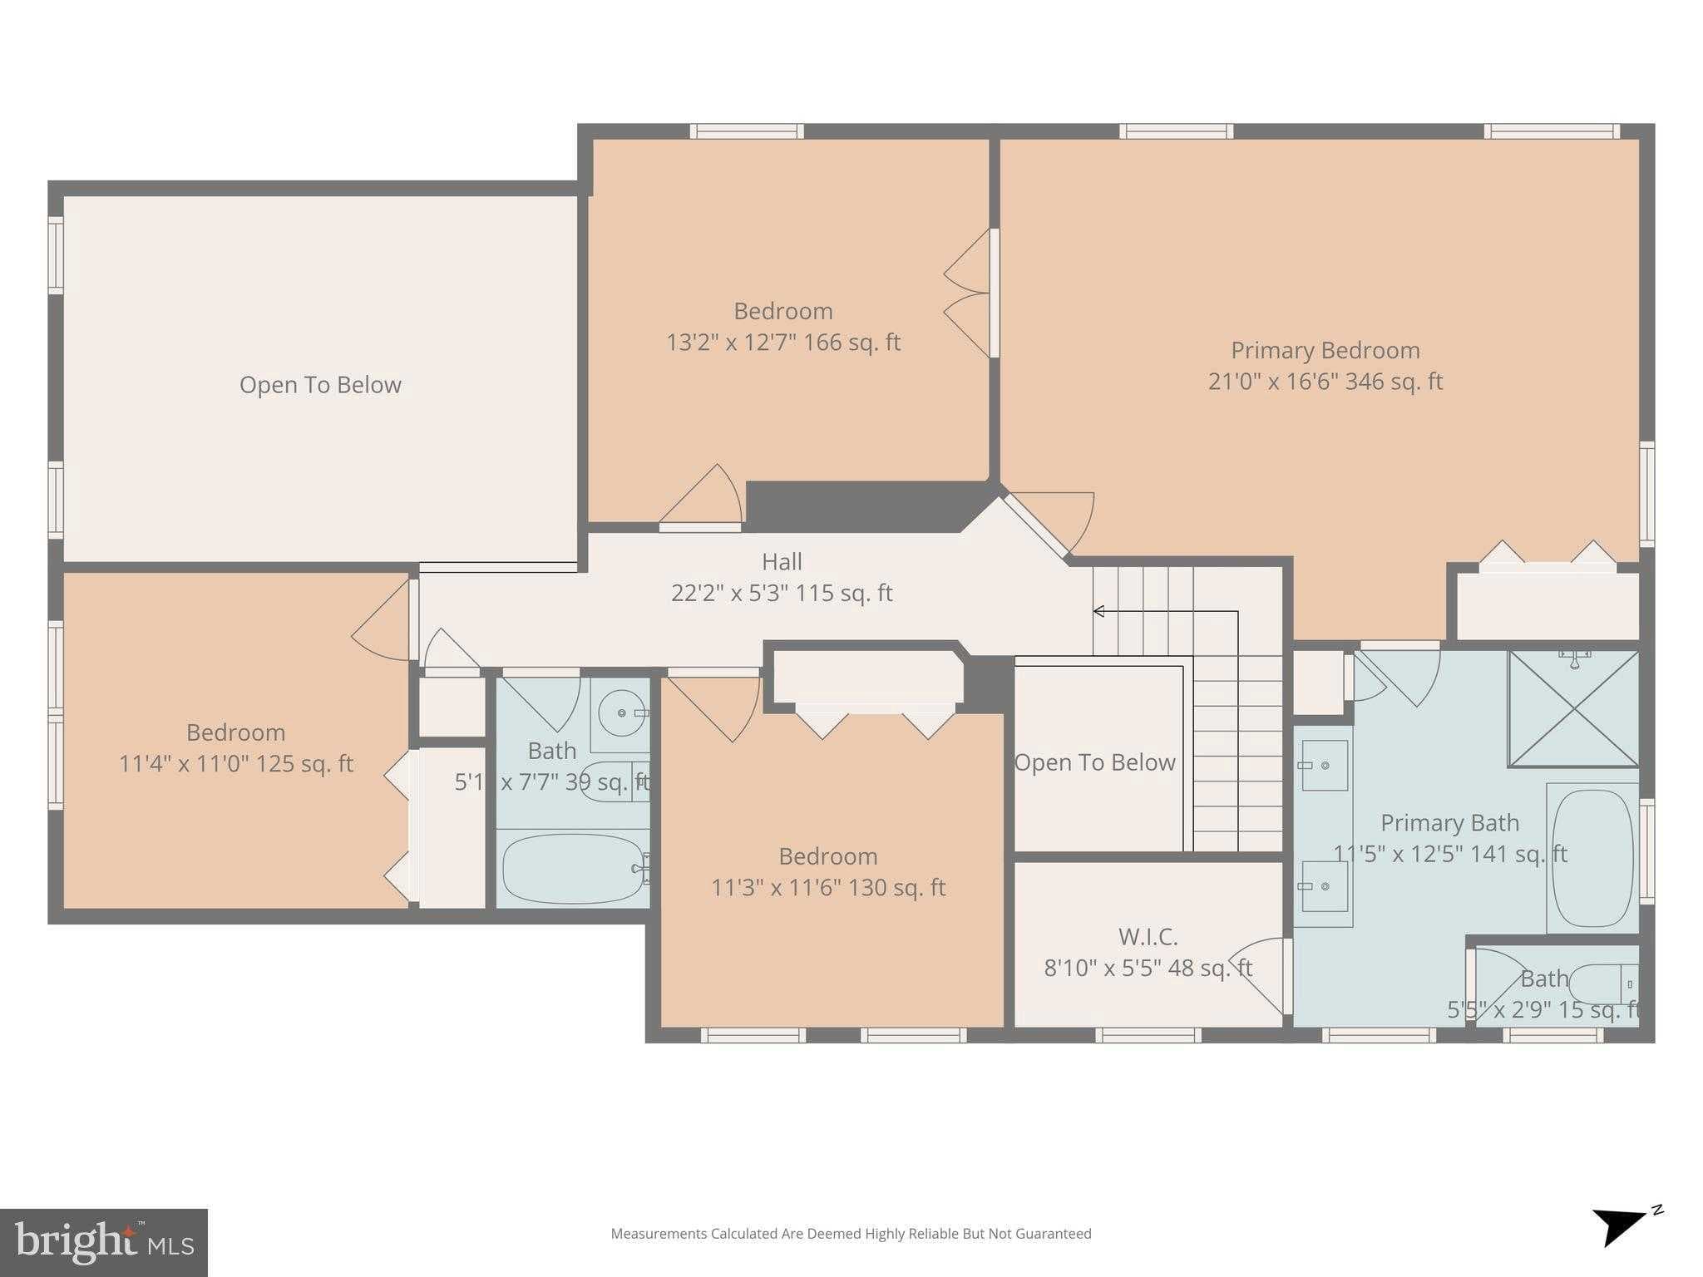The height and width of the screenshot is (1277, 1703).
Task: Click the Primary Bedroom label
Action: click(x=1325, y=350)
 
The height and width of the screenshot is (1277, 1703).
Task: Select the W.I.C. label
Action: click(x=1148, y=937)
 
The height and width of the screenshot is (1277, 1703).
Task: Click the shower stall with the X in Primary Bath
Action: click(x=1573, y=709)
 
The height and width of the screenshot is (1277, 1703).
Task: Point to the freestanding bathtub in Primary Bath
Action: click(x=1592, y=858)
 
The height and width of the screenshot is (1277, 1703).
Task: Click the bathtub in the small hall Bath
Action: click(x=572, y=869)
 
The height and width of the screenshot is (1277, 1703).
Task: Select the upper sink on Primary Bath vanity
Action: click(x=1324, y=765)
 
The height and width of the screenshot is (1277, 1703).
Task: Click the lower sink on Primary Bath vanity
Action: click(x=1324, y=886)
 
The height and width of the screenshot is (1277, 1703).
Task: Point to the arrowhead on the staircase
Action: click(x=1098, y=612)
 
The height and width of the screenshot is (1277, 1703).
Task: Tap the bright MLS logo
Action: click(x=103, y=1243)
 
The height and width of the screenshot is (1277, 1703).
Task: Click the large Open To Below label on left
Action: click(x=320, y=385)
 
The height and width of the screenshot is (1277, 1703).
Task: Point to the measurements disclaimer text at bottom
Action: click(x=851, y=1234)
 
